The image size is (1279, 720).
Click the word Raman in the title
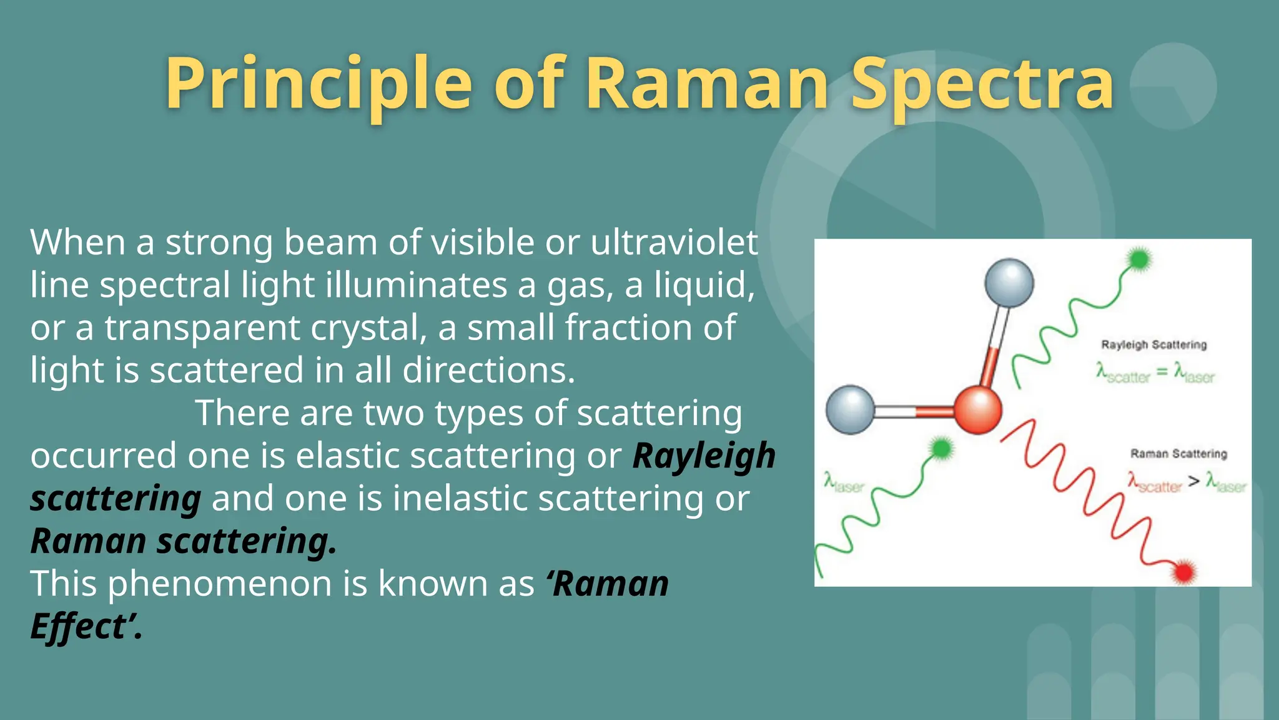click(x=707, y=84)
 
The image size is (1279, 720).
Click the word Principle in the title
click(x=319, y=84)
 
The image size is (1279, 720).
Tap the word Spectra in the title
click(x=983, y=84)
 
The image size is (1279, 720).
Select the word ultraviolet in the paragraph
click(x=674, y=242)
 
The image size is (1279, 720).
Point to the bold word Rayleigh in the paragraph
click(x=704, y=456)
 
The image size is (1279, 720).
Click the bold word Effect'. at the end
click(x=86, y=626)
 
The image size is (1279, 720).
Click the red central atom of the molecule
click(x=978, y=410)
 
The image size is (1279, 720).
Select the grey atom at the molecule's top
click(x=1009, y=282)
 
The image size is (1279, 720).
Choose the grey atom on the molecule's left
click(x=850, y=410)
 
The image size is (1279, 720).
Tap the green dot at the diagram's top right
click(x=1140, y=259)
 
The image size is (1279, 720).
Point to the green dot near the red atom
click(x=941, y=448)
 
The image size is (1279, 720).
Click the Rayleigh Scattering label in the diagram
click(x=1153, y=345)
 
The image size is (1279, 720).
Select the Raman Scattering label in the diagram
click(x=1178, y=454)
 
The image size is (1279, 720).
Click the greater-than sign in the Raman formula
click(x=1193, y=481)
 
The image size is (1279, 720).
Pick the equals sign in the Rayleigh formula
click(x=1162, y=372)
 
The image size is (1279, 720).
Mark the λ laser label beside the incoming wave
click(x=844, y=483)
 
